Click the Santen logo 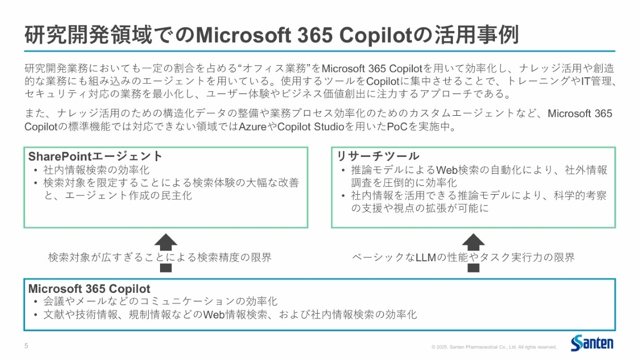point(592,343)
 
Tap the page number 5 point(26,346)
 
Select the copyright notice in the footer point(494,347)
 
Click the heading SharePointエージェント point(95,156)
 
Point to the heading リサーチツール point(378,156)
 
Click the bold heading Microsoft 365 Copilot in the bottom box point(89,289)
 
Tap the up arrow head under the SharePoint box point(166,239)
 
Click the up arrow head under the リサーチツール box point(474,239)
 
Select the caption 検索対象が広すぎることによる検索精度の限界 point(160,258)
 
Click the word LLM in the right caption point(426,258)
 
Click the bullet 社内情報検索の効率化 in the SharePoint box point(97,170)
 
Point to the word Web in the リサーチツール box point(447,170)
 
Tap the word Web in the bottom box point(214,315)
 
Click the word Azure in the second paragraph point(252,126)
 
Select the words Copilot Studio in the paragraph point(310,126)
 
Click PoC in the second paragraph point(397,126)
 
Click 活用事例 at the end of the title point(476,35)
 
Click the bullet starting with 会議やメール point(161,301)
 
